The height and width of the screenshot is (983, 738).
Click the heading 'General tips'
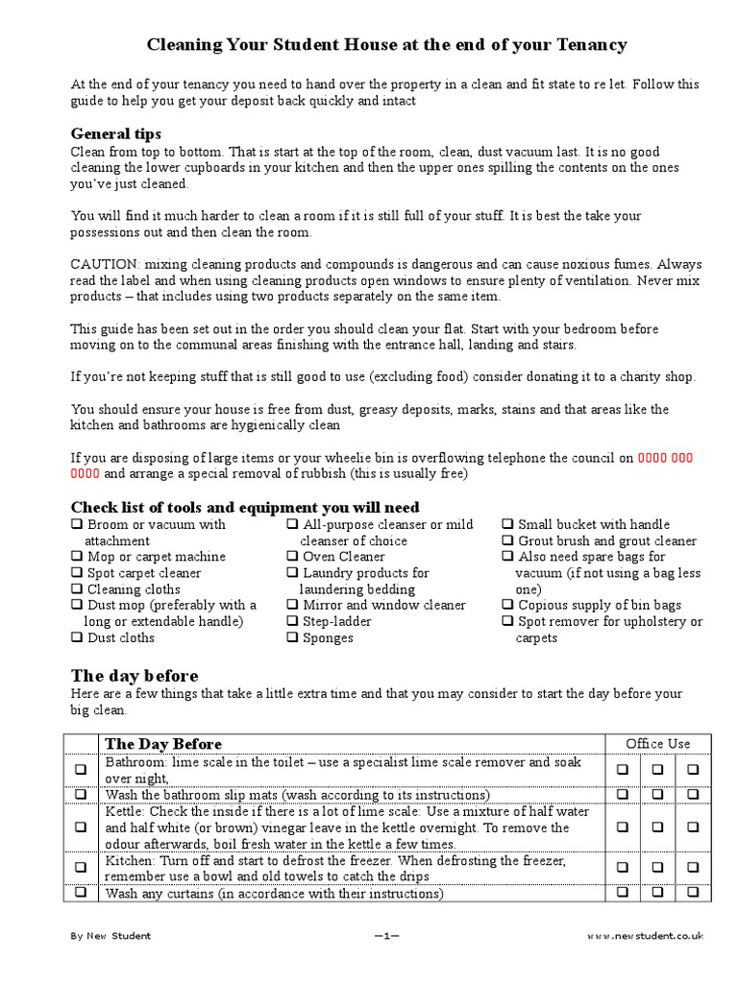pyautogui.click(x=116, y=133)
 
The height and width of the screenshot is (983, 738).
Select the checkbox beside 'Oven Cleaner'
pyautogui.click(x=292, y=557)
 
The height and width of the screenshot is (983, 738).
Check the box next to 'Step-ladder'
pyautogui.click(x=292, y=622)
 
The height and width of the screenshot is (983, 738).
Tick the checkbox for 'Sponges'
pyautogui.click(x=292, y=638)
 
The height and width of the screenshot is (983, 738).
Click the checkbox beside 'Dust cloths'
pyautogui.click(x=77, y=638)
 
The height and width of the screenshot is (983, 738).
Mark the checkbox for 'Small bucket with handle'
pyautogui.click(x=507, y=525)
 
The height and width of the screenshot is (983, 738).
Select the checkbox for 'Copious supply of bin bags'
pyautogui.click(x=507, y=606)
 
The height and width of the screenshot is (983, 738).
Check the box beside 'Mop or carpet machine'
pyautogui.click(x=77, y=557)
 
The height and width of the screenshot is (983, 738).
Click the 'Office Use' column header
pyautogui.click(x=657, y=744)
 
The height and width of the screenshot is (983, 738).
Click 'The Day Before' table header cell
pyautogui.click(x=162, y=744)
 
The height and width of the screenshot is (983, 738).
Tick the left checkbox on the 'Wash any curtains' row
pyautogui.click(x=81, y=893)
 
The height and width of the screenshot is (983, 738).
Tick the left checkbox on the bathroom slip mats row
pyautogui.click(x=81, y=795)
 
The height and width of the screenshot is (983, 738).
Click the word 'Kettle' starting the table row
pyautogui.click(x=124, y=811)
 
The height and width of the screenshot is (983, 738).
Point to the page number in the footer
pyautogui.click(x=386, y=935)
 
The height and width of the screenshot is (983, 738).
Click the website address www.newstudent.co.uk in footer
pyautogui.click(x=645, y=935)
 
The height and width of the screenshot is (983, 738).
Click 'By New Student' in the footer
pyautogui.click(x=111, y=935)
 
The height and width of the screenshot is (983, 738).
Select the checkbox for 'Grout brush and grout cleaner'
pyautogui.click(x=507, y=541)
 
